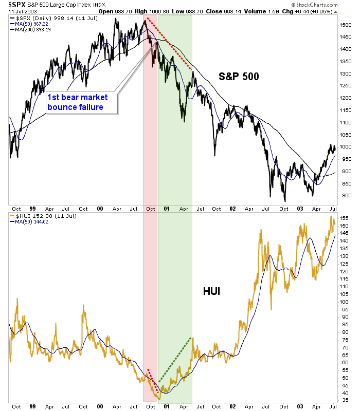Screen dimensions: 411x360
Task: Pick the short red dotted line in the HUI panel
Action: click(x=153, y=382)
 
